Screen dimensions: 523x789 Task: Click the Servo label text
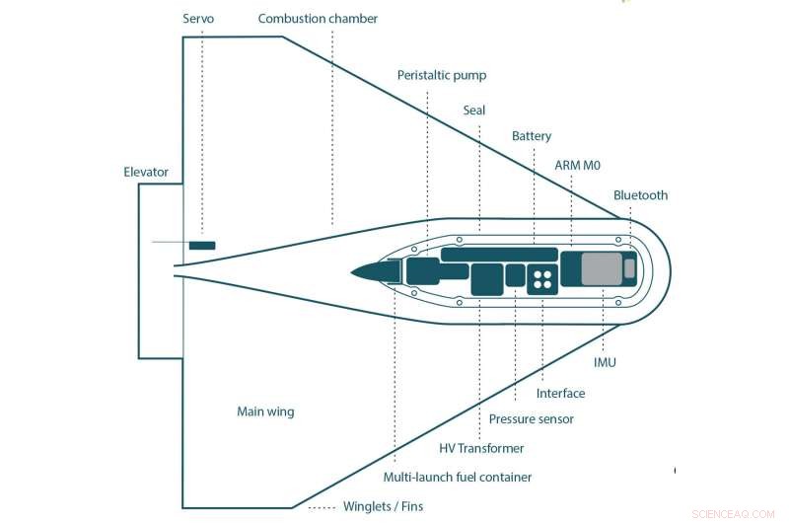[x=199, y=19]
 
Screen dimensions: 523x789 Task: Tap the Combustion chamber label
[x=318, y=19]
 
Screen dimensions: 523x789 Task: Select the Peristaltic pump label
[x=442, y=75]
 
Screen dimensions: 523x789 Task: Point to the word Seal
[x=474, y=111]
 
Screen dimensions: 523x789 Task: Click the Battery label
[x=532, y=136]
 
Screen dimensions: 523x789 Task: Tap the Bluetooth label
[x=640, y=195]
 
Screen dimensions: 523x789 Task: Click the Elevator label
[x=146, y=172]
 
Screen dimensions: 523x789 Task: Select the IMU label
[x=605, y=362]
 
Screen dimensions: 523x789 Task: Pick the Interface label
[x=560, y=394]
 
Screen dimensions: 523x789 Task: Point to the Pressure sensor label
[x=531, y=419]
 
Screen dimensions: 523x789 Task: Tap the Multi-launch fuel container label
[x=458, y=478]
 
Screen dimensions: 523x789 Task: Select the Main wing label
[x=265, y=411]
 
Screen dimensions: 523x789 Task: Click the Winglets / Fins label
[x=381, y=508]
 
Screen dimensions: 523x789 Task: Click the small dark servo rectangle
[x=202, y=244]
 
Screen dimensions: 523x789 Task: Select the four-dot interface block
[x=541, y=278]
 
